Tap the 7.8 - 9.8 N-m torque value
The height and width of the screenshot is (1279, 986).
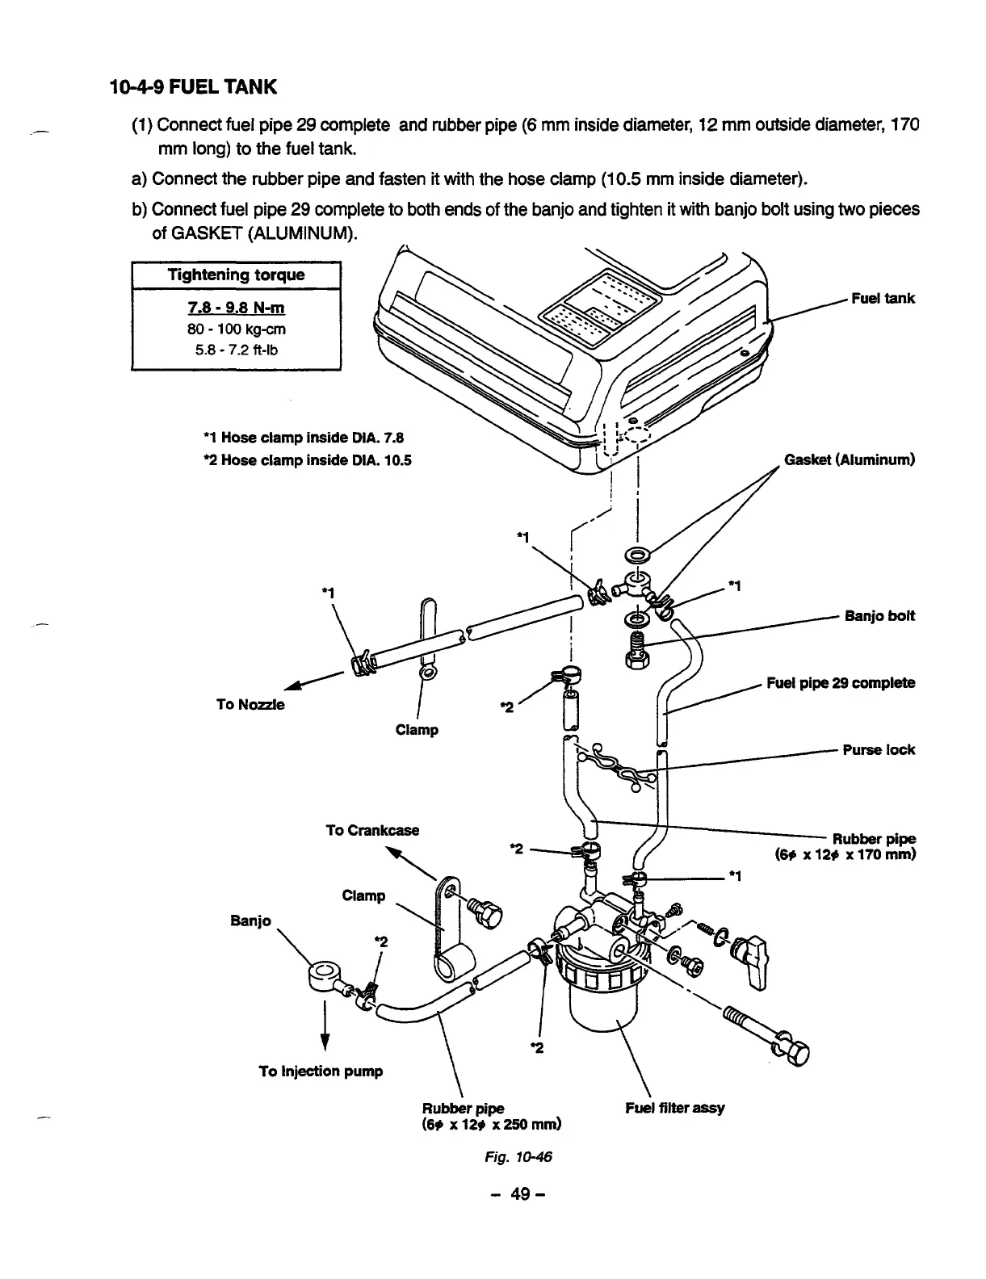236,308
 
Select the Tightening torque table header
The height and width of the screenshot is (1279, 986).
236,275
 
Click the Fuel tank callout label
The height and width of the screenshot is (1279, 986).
883,299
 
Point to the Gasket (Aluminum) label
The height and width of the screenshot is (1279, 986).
849,460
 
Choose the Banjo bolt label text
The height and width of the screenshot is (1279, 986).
879,616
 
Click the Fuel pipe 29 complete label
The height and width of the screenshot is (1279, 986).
840,683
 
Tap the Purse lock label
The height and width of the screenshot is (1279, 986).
879,750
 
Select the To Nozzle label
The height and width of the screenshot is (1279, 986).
250,704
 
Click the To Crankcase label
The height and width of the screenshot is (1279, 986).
372,830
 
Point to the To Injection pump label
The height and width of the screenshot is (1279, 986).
321,1071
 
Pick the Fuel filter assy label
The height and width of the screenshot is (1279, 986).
675,1108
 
